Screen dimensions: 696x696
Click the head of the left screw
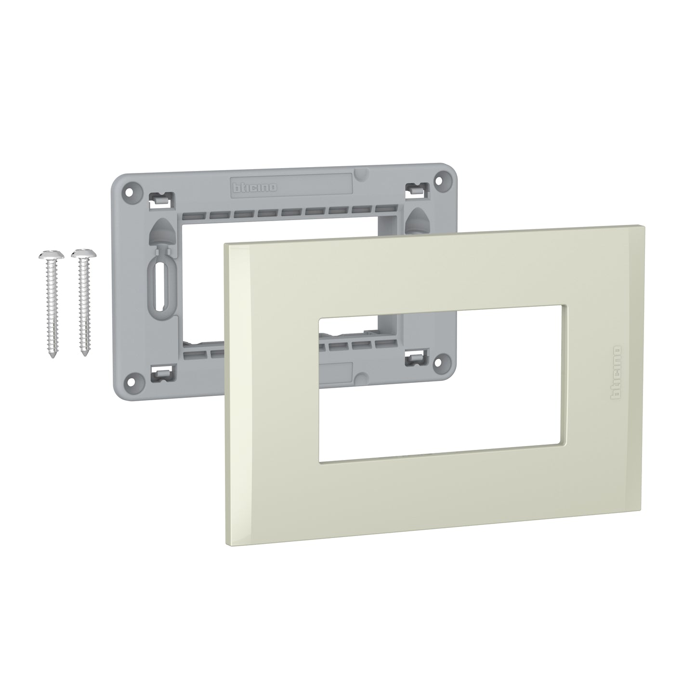coord(47,254)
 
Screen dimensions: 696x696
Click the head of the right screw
coord(80,253)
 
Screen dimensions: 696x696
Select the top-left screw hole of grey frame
coord(129,190)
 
